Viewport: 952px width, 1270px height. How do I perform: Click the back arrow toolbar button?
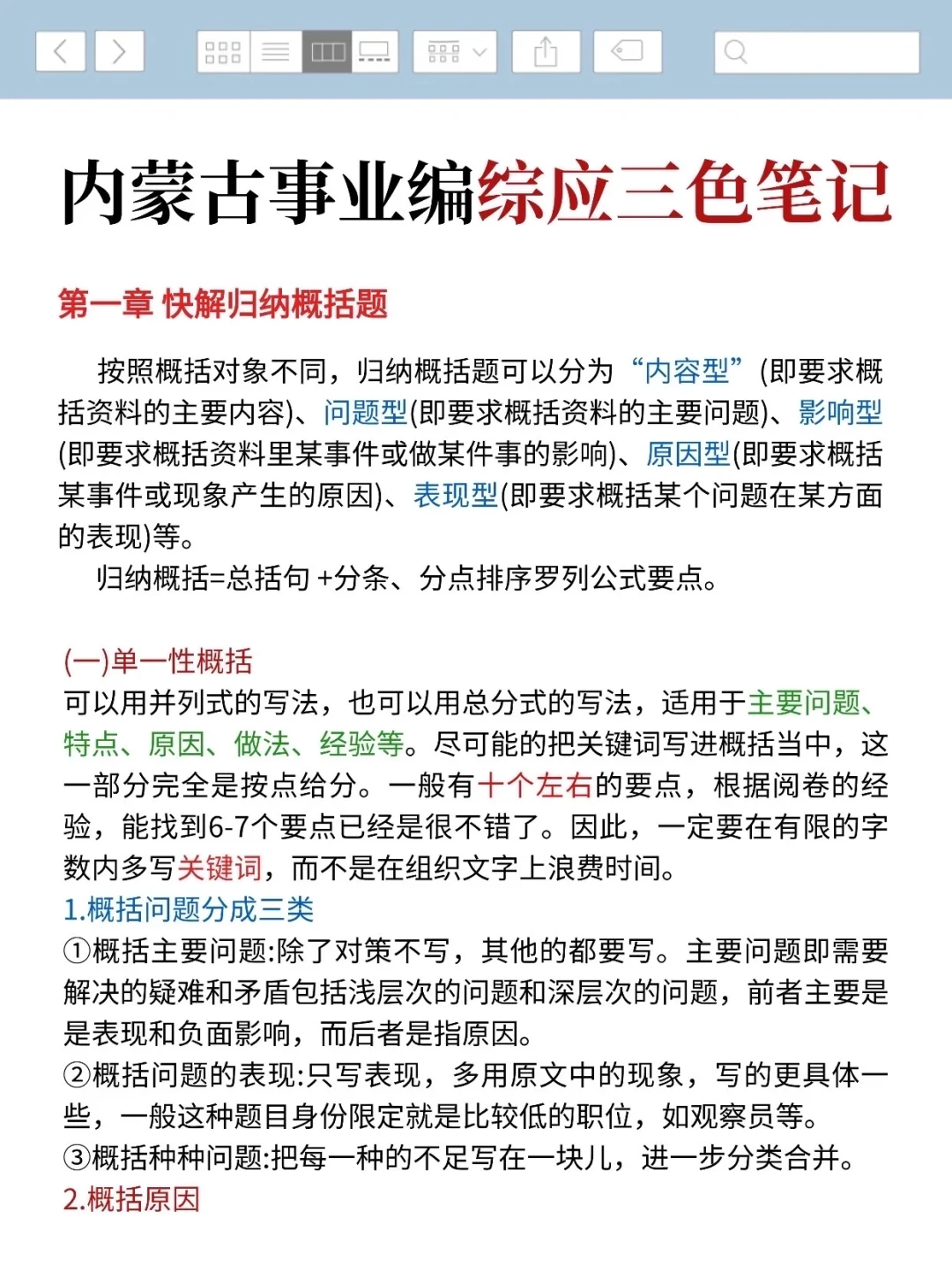pyautogui.click(x=60, y=51)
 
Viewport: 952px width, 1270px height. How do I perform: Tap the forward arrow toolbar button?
pyautogui.click(x=119, y=51)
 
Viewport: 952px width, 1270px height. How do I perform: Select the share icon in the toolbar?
pyautogui.click(x=546, y=51)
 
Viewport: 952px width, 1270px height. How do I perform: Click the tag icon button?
pyautogui.click(x=627, y=51)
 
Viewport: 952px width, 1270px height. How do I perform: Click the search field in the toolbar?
pyautogui.click(x=816, y=52)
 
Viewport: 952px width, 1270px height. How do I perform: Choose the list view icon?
pyautogui.click(x=275, y=52)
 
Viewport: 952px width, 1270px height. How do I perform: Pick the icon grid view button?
pyautogui.click(x=223, y=52)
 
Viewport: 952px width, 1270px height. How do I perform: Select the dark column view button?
pyautogui.click(x=327, y=52)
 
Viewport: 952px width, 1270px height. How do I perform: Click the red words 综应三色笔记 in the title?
pyautogui.click(x=684, y=192)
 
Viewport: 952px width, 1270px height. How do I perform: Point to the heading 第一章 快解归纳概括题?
pyautogui.click(x=223, y=303)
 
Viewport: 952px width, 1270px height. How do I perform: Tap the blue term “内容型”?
pyautogui.click(x=688, y=371)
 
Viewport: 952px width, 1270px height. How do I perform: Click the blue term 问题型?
pyautogui.click(x=365, y=413)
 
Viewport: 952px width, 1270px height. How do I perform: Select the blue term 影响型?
pyautogui.click(x=840, y=413)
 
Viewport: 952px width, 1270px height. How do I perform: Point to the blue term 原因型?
pyautogui.click(x=688, y=454)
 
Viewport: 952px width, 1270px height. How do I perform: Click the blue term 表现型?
pyautogui.click(x=456, y=496)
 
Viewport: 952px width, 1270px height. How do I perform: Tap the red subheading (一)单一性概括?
pyautogui.click(x=158, y=661)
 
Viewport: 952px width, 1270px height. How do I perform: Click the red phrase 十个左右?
pyautogui.click(x=535, y=785)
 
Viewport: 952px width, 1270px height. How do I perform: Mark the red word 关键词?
pyautogui.click(x=219, y=868)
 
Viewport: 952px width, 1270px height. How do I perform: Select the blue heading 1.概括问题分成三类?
pyautogui.click(x=189, y=909)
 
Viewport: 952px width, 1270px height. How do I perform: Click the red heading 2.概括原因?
pyautogui.click(x=131, y=1199)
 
